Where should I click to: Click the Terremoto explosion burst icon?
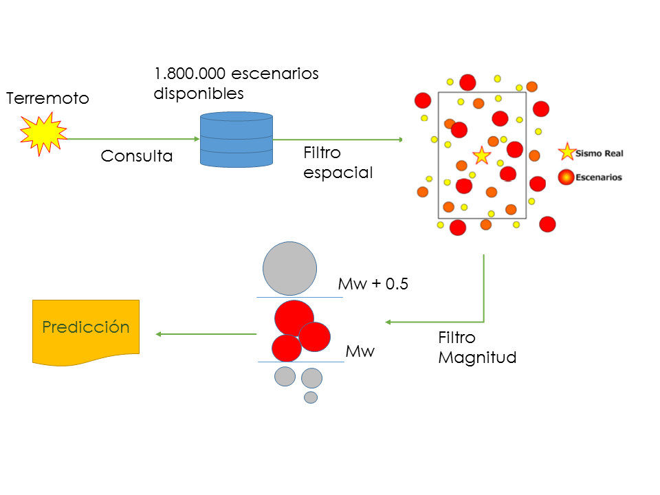click(43, 134)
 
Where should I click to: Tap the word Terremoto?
click(47, 98)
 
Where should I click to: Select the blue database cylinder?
click(236, 140)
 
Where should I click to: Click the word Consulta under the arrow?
click(137, 156)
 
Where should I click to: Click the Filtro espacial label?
click(338, 162)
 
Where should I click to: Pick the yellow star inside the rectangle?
click(481, 155)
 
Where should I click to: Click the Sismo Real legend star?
click(567, 153)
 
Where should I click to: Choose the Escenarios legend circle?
click(566, 177)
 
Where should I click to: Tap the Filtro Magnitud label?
click(477, 348)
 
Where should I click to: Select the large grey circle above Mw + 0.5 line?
click(290, 268)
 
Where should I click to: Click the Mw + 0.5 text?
click(373, 284)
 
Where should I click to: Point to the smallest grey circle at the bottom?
click(311, 397)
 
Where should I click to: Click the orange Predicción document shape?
click(86, 331)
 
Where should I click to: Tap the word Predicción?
click(86, 327)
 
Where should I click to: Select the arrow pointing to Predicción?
click(206, 334)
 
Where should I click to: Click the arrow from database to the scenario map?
click(337, 140)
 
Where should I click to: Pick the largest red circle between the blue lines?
click(294, 318)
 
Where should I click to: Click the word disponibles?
click(199, 93)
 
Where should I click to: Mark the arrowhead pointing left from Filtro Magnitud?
click(388, 322)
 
